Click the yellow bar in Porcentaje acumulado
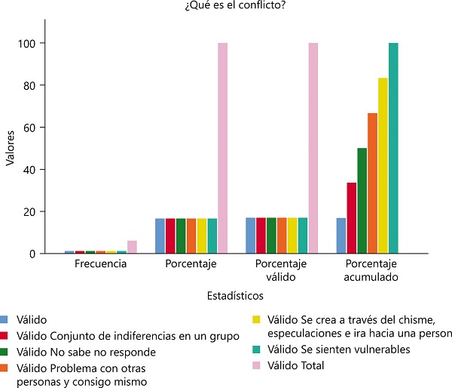pos(383,166)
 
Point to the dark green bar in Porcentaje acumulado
pos(362,201)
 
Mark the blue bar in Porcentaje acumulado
pos(341,236)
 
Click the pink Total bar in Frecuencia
pos(132,247)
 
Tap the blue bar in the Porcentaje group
pos(160,236)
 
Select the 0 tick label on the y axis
pos(32,254)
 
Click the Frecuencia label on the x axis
pos(100,265)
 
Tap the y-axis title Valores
pos(10,148)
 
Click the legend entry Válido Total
pos(297,365)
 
